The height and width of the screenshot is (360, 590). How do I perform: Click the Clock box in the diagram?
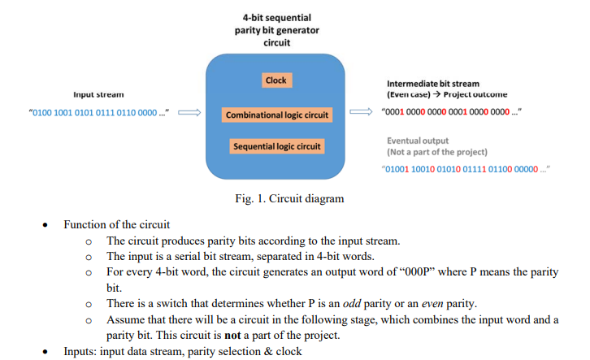tap(276, 80)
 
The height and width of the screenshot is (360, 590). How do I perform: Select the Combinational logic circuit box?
tap(276, 115)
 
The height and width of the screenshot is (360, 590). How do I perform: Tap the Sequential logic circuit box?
tap(277, 146)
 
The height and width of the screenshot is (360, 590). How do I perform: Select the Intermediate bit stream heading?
tap(432, 84)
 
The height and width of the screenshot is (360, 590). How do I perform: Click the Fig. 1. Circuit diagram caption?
tap(284, 197)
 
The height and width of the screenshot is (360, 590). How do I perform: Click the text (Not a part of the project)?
tap(436, 152)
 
